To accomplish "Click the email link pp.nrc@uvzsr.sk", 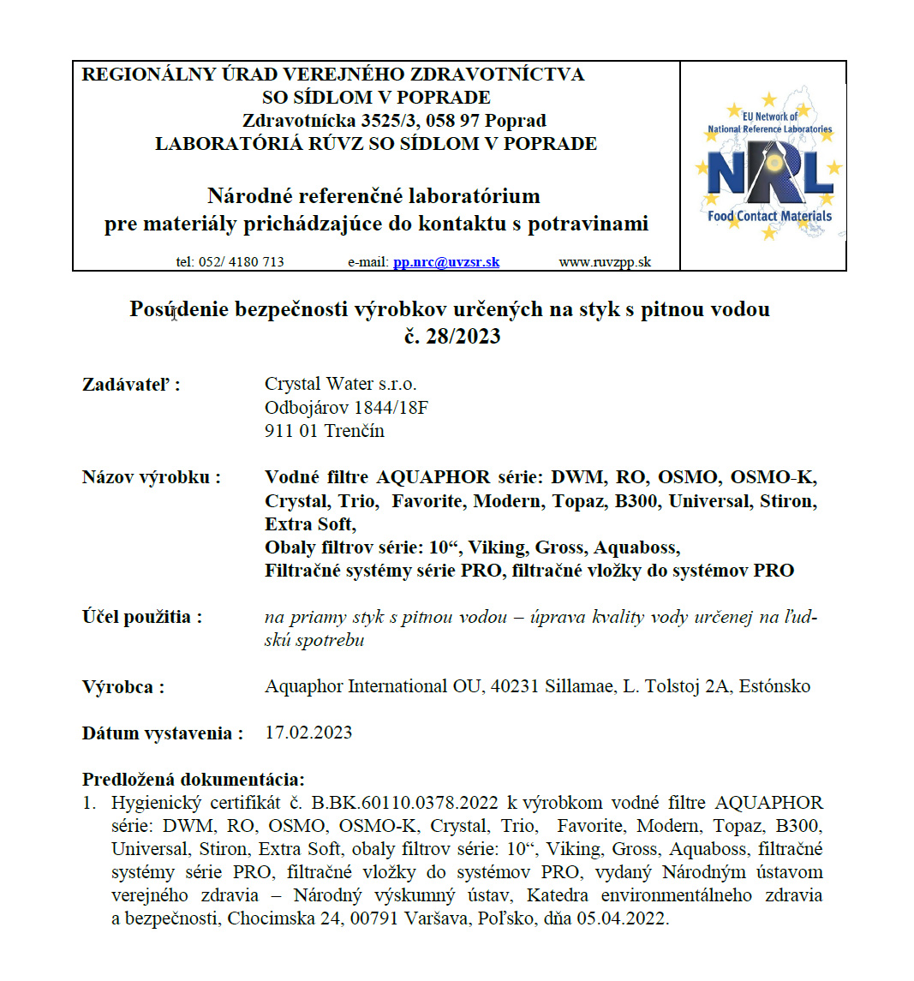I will (x=445, y=262).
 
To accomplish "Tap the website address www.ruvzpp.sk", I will (x=605, y=262).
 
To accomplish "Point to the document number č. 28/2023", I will (x=452, y=335).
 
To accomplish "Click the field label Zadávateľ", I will (x=131, y=385).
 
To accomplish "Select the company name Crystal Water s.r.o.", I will (x=341, y=384).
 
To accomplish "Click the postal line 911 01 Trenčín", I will (x=325, y=431).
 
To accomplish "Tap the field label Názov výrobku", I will (x=151, y=477).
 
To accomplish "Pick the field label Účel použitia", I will (x=141, y=617).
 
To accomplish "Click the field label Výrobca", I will (x=123, y=686).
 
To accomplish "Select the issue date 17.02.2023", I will (x=308, y=733).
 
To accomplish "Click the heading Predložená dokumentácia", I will (x=193, y=780).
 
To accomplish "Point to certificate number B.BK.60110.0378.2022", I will (x=404, y=804).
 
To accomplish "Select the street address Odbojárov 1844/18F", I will (x=346, y=408).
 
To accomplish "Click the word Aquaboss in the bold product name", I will (x=636, y=547).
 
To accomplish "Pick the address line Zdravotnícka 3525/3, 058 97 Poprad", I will (x=394, y=121).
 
